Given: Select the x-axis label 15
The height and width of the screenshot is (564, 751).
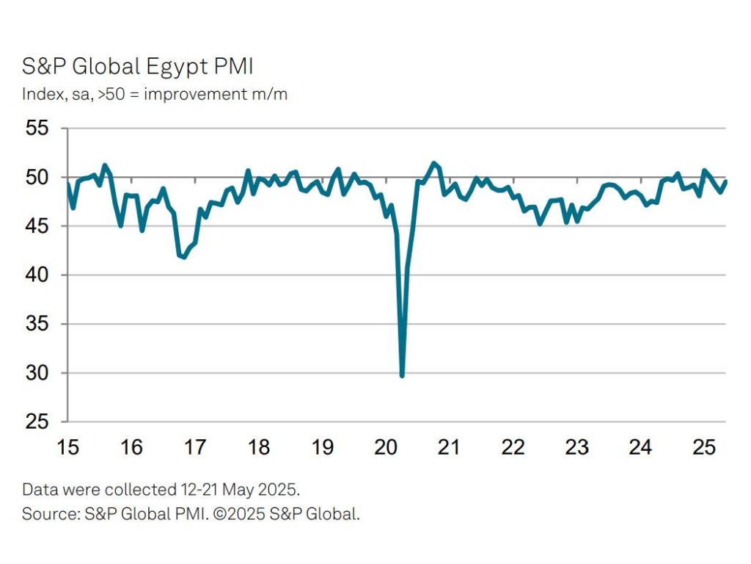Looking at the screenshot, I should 67,446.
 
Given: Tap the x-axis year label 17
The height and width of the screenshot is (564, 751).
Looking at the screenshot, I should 194,446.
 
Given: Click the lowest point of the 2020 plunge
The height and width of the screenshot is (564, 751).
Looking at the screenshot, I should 402,375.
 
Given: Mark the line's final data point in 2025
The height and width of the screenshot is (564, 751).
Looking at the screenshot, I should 725,181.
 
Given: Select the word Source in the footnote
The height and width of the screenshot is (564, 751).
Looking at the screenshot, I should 45,514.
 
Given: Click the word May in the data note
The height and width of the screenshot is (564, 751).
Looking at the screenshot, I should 239,489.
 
